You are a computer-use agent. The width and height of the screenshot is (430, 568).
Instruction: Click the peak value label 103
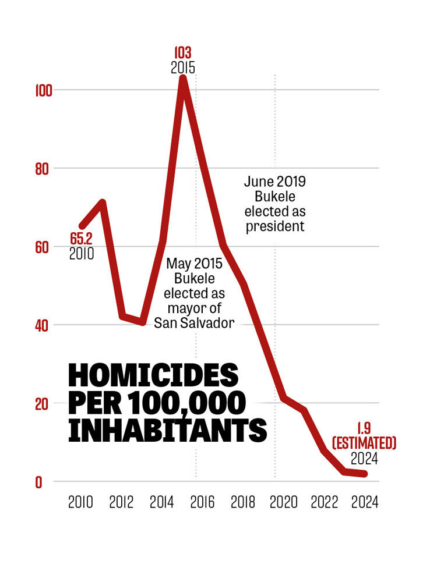tap(182, 54)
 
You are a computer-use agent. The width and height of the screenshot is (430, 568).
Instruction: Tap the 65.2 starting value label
tap(82, 239)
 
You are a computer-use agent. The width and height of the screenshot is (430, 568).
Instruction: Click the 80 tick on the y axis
tap(43, 168)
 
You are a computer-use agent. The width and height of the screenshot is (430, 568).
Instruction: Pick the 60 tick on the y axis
tap(43, 247)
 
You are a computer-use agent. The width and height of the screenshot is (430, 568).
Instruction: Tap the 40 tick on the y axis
tap(43, 325)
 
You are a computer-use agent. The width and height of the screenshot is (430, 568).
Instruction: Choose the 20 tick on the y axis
tap(43, 403)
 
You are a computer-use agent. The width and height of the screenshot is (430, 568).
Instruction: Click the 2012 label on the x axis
tap(120, 502)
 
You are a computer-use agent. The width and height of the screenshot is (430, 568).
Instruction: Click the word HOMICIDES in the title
tap(153, 376)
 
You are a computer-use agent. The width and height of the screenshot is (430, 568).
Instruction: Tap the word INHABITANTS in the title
tap(167, 431)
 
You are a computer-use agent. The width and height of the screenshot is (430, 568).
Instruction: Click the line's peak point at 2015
tap(183, 79)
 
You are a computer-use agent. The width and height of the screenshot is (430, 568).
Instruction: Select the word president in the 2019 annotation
tap(274, 226)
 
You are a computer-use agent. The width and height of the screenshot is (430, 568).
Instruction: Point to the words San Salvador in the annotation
tap(194, 322)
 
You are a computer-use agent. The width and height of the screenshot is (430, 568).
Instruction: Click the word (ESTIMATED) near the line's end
tap(364, 444)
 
